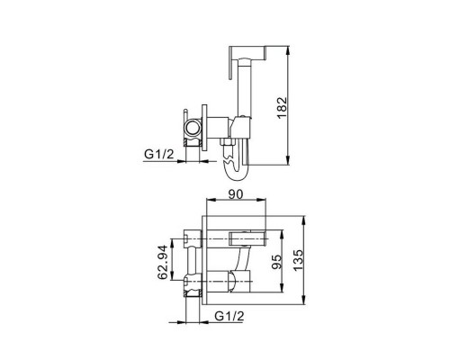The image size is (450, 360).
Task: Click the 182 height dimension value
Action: [282, 107]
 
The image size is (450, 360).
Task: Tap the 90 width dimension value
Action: [236, 194]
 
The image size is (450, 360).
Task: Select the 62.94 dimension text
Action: [162, 262]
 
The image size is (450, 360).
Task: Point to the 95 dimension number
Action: [276, 262]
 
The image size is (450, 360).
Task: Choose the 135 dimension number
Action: [298, 260]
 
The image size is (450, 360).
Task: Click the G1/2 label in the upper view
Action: [159, 154]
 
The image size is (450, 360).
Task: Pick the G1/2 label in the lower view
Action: [229, 316]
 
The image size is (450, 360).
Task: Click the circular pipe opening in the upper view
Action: [193, 128]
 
